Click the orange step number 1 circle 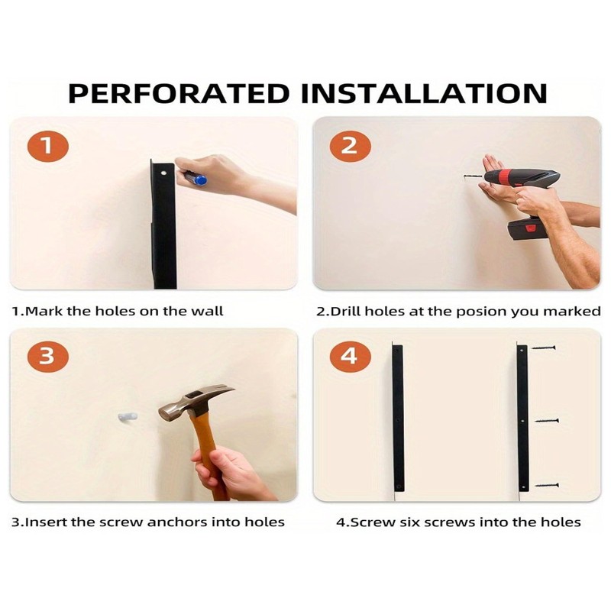[47, 146]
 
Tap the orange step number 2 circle [350, 146]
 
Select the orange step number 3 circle [47, 356]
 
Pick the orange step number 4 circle [350, 356]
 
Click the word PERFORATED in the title [179, 93]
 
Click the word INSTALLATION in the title [425, 93]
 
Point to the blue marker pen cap [200, 180]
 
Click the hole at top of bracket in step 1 [163, 173]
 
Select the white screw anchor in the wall [128, 417]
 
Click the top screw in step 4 [544, 348]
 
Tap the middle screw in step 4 [547, 421]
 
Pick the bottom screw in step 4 [547, 485]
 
